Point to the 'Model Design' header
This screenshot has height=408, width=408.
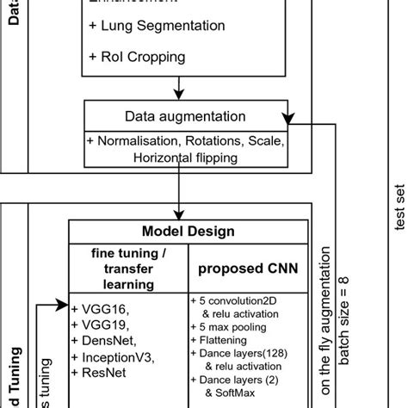pyautogui.click(x=189, y=232)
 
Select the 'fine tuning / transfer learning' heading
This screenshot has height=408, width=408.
pyautogui.click(x=129, y=267)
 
